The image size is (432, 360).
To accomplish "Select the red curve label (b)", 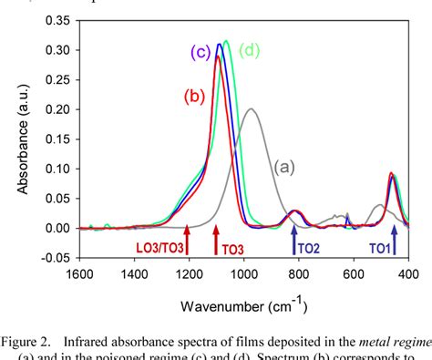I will [x=193, y=95].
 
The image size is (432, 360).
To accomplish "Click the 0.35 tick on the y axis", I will [x=56, y=19].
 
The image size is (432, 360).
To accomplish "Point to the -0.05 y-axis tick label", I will [x=54, y=258].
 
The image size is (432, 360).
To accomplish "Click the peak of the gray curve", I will [x=251, y=109].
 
